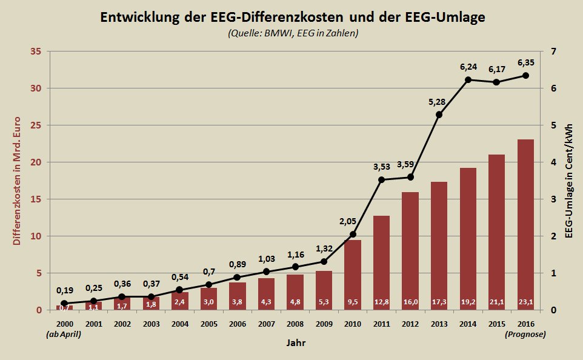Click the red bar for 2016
(x=525, y=224)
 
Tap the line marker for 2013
(x=439, y=115)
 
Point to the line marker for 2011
(x=381, y=179)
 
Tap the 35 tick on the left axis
(x=35, y=52)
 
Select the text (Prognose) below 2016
(x=525, y=334)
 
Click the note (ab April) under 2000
(x=64, y=334)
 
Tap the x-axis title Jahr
(x=296, y=344)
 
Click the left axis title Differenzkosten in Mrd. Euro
(x=17, y=181)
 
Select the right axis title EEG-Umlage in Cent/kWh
(x=570, y=181)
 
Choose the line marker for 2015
(x=496, y=82)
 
